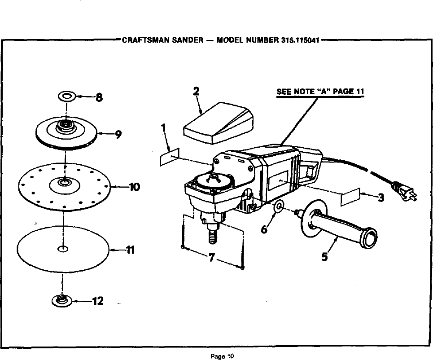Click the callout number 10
[134, 186]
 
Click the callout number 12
[97, 301]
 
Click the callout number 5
[325, 257]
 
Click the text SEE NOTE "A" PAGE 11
[320, 92]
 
